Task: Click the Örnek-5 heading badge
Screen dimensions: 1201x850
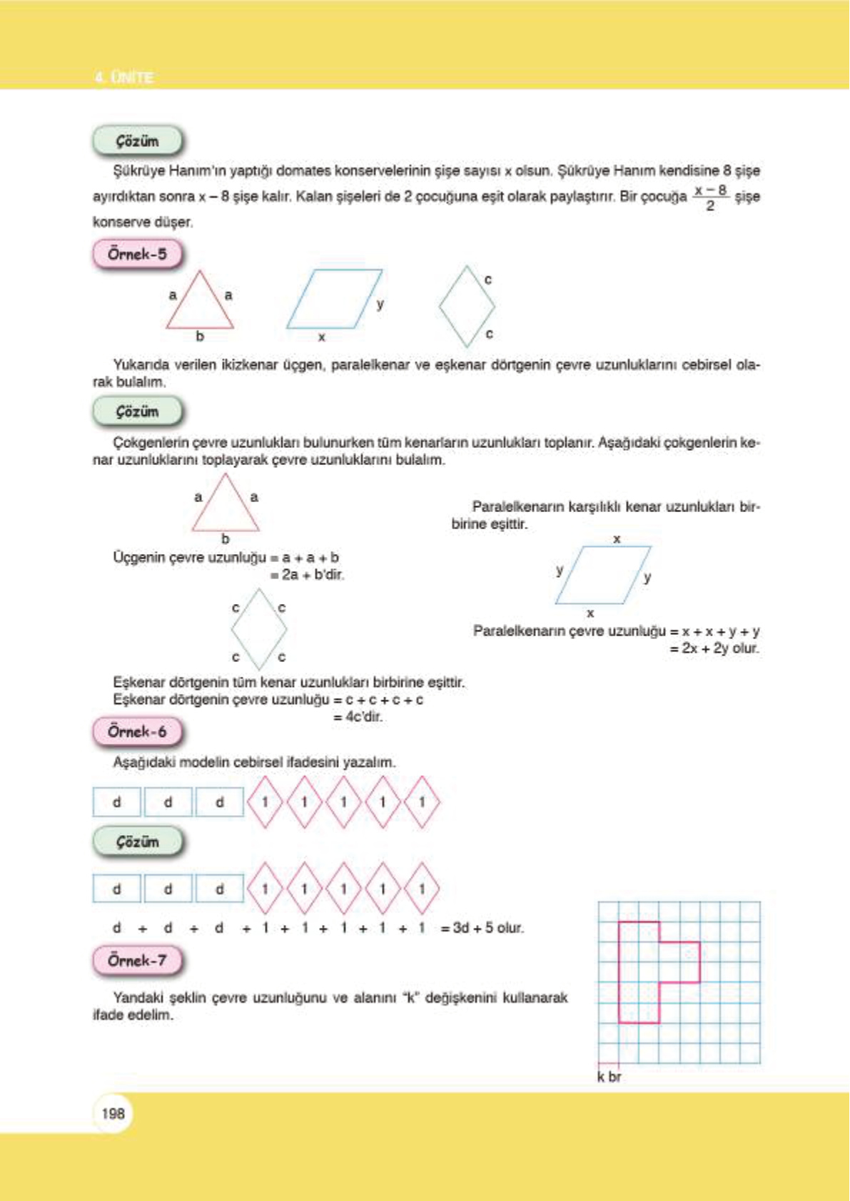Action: click(x=137, y=254)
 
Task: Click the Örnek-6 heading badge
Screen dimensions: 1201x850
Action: click(x=137, y=732)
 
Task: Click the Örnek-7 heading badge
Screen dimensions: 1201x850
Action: click(x=137, y=961)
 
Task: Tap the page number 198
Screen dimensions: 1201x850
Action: click(x=113, y=1113)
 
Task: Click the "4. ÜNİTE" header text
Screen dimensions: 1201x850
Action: click(x=124, y=77)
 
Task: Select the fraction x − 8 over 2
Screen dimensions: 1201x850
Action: click(x=710, y=198)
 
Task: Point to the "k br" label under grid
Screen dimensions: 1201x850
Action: click(x=609, y=1077)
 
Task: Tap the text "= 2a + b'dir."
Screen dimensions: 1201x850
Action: click(x=307, y=575)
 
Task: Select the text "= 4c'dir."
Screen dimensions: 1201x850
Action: click(x=358, y=717)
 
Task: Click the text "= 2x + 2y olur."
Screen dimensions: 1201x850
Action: click(x=714, y=648)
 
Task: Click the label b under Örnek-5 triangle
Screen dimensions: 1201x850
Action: click(x=200, y=336)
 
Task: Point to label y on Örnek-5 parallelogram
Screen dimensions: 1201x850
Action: click(x=380, y=304)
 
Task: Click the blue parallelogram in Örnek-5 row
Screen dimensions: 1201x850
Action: click(x=333, y=299)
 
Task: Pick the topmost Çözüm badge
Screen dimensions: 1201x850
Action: click(x=137, y=141)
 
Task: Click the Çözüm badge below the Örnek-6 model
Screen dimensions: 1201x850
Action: click(x=137, y=842)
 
